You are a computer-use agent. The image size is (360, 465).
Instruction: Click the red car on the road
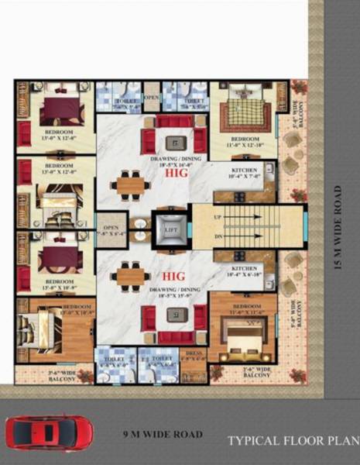coord(49,432)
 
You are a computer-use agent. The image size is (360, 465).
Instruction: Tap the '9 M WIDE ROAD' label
coord(163,434)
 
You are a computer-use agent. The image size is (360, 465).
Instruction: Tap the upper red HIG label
coord(177,174)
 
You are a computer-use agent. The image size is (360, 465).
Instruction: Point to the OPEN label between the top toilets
coord(153,98)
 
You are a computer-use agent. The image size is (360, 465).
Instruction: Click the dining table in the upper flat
coord(131,185)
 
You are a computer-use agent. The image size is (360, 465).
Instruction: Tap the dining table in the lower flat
coord(131,276)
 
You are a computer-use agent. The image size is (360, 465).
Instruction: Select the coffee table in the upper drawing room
coord(176,143)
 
